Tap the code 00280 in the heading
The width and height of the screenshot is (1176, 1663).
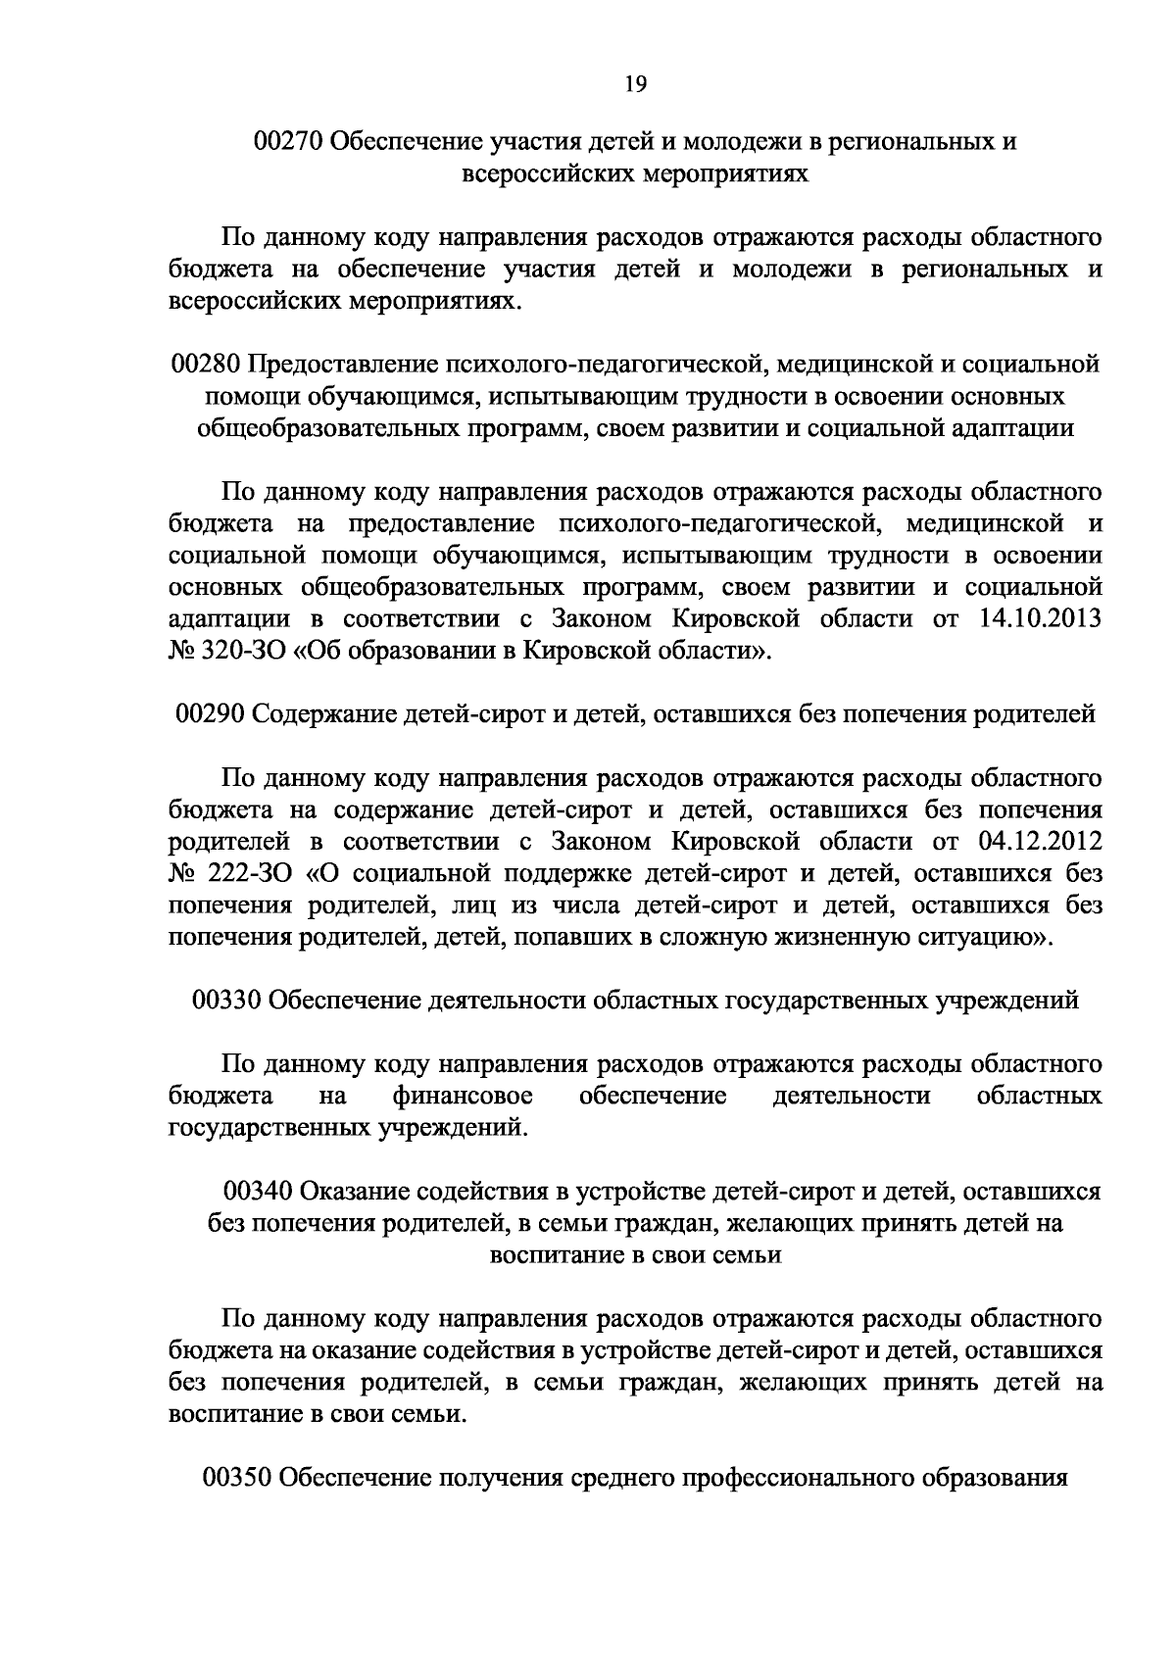205,366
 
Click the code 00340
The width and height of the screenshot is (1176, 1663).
259,1192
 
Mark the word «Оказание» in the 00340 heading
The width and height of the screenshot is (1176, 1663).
349,1192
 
